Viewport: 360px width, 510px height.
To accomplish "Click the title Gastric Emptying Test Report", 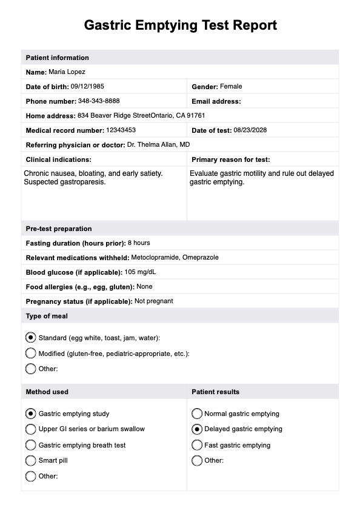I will click(180, 25).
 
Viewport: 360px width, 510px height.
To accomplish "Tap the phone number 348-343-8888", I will click(99, 101).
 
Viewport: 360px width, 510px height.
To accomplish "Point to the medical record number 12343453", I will click(121, 130).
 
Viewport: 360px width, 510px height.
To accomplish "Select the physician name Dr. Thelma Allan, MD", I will click(158, 145).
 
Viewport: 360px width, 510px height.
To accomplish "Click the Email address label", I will click(216, 101).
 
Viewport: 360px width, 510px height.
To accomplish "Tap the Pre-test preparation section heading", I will click(59, 229).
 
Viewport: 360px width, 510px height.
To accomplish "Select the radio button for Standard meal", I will click(31, 337).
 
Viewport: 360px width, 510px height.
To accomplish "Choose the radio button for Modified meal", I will click(31, 353).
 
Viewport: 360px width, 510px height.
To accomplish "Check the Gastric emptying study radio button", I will click(31, 414).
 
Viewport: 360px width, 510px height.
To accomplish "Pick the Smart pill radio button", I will click(31, 460).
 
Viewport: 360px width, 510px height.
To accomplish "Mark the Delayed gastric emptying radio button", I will click(196, 429).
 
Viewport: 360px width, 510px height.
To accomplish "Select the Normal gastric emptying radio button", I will click(196, 414).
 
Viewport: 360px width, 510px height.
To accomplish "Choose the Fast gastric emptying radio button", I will click(196, 445).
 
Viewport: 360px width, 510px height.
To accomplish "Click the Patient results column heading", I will click(215, 392).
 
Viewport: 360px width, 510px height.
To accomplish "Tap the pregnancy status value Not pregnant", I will click(153, 301).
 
